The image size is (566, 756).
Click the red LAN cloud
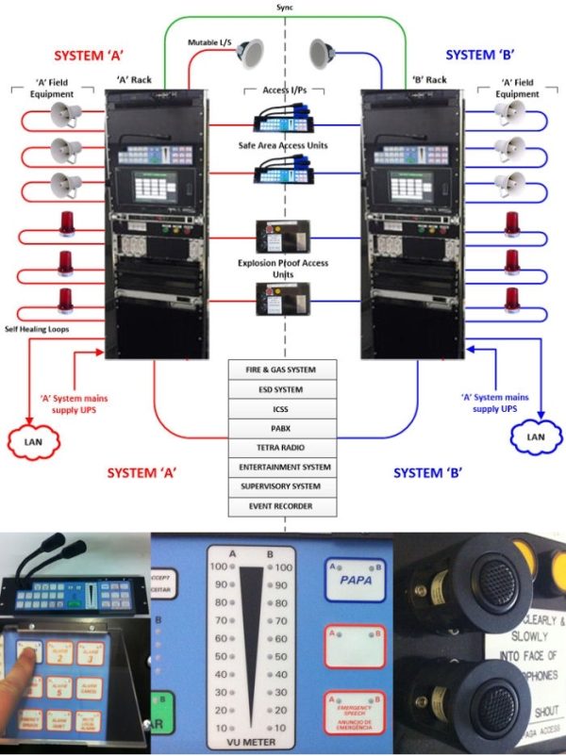tap(33, 438)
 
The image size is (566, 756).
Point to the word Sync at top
tap(283, 6)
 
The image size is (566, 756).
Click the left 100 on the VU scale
tap(219, 567)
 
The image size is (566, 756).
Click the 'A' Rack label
tap(133, 79)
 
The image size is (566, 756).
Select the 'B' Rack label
tap(429, 79)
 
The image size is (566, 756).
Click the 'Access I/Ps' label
tap(284, 92)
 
